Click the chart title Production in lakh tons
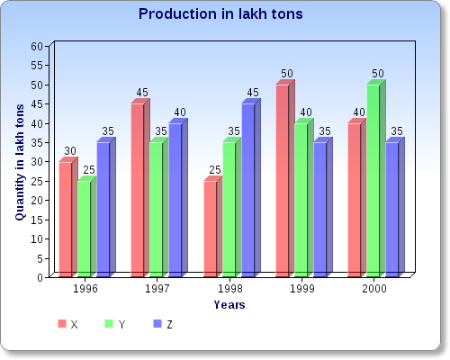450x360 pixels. point(220,14)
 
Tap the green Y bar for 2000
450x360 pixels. point(373,180)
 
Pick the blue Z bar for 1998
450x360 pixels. point(247,189)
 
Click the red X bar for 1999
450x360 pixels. point(282,180)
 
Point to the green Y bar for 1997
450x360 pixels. point(156,209)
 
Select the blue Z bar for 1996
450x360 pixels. point(103,209)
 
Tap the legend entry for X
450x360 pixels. point(68,324)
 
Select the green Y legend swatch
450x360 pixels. point(110,324)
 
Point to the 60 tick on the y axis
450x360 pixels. point(37,46)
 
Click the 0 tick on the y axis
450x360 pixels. point(40,277)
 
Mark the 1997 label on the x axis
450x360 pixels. point(158,290)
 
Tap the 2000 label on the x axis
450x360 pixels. point(375,290)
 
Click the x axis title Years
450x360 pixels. point(229,305)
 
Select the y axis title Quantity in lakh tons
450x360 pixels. point(19,162)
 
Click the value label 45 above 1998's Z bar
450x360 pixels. point(253,92)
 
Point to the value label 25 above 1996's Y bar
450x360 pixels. point(88,170)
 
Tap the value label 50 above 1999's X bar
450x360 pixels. point(287,73)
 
